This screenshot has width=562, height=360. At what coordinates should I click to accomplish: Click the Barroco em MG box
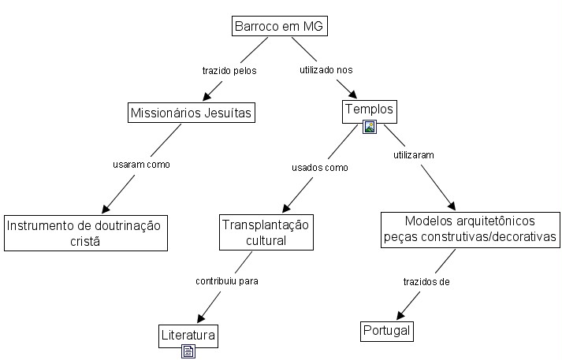[280, 26]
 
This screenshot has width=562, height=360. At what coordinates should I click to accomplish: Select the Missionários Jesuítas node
[192, 113]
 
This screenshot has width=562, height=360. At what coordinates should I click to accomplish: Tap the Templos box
[370, 112]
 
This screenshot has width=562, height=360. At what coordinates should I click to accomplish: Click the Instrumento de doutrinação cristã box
[86, 233]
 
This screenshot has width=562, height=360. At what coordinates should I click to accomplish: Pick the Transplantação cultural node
[266, 232]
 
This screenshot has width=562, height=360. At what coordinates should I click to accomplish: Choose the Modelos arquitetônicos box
[471, 229]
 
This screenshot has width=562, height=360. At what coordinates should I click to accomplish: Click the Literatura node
[188, 336]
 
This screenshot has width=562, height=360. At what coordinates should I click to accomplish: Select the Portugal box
[387, 332]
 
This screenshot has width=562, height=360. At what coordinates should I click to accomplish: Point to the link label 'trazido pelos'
[229, 71]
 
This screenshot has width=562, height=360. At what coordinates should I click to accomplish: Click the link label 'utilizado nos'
[326, 70]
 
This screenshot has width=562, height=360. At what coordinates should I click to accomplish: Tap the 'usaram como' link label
[142, 165]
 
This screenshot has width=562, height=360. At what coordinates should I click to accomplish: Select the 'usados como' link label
[320, 168]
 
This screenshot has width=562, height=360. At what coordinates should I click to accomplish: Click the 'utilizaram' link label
[414, 155]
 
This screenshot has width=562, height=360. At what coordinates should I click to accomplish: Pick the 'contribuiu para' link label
[227, 281]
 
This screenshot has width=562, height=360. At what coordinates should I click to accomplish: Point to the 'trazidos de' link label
[426, 281]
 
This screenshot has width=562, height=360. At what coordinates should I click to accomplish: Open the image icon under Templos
[370, 127]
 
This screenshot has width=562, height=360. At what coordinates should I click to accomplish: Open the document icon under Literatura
[188, 351]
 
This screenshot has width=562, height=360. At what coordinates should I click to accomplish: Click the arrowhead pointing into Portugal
[400, 315]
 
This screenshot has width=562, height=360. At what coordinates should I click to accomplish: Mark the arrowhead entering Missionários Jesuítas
[207, 96]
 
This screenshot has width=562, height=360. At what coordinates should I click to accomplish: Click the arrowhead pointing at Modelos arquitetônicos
[452, 206]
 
